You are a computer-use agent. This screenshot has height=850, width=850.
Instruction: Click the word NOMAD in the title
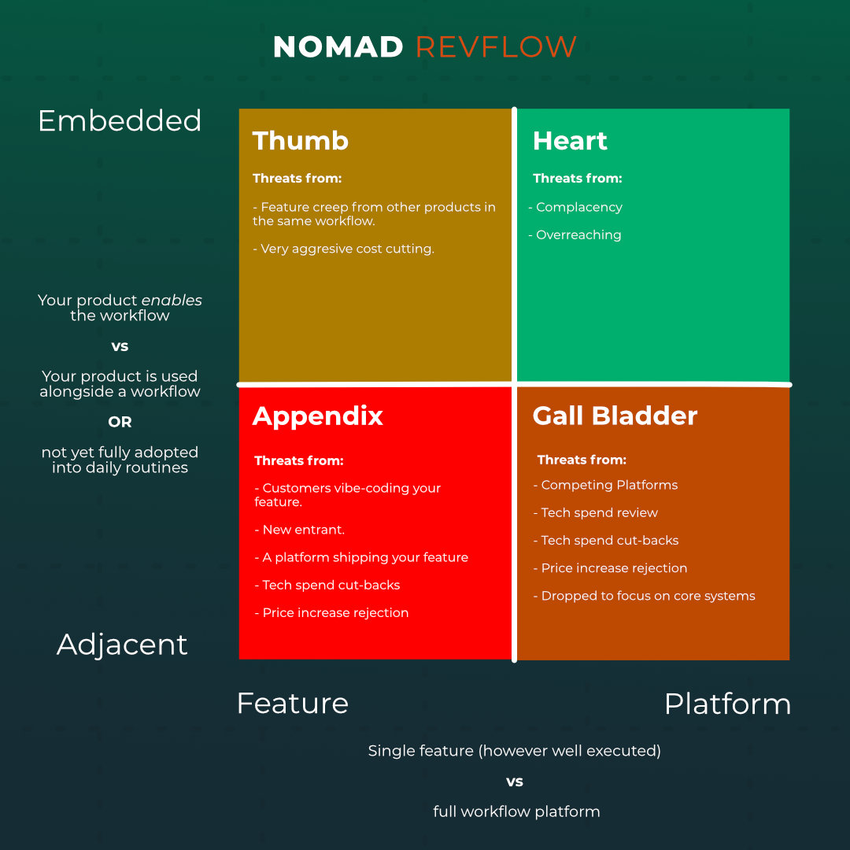[x=338, y=47]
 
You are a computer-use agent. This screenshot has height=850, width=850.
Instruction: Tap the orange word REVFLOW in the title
[x=496, y=47]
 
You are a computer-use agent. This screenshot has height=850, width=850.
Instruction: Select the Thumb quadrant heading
[x=300, y=141]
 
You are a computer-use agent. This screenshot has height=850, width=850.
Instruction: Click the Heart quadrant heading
[x=570, y=141]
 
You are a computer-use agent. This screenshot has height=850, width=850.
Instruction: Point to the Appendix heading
[x=317, y=416]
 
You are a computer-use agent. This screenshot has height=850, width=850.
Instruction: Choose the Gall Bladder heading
[x=615, y=416]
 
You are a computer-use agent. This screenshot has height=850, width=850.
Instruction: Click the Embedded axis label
[x=120, y=121]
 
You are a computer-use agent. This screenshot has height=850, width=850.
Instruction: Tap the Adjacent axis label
[x=122, y=645]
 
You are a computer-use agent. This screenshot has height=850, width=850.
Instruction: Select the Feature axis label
[x=292, y=704]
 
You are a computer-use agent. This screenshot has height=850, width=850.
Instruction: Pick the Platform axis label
[x=727, y=704]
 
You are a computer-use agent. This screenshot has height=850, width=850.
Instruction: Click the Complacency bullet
[x=576, y=208]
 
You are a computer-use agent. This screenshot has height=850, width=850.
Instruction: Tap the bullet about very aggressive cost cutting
[x=344, y=249]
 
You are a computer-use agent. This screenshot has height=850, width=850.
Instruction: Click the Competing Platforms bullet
[x=606, y=486]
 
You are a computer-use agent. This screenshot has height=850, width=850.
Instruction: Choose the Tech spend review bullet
[x=596, y=513]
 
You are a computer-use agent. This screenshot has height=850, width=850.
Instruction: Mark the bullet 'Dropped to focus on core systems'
[x=645, y=596]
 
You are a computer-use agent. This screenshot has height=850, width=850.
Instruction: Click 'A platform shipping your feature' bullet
[x=361, y=558]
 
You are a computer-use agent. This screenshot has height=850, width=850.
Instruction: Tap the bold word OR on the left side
[x=120, y=422]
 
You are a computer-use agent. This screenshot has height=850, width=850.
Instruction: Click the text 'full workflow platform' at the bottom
[x=516, y=811]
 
